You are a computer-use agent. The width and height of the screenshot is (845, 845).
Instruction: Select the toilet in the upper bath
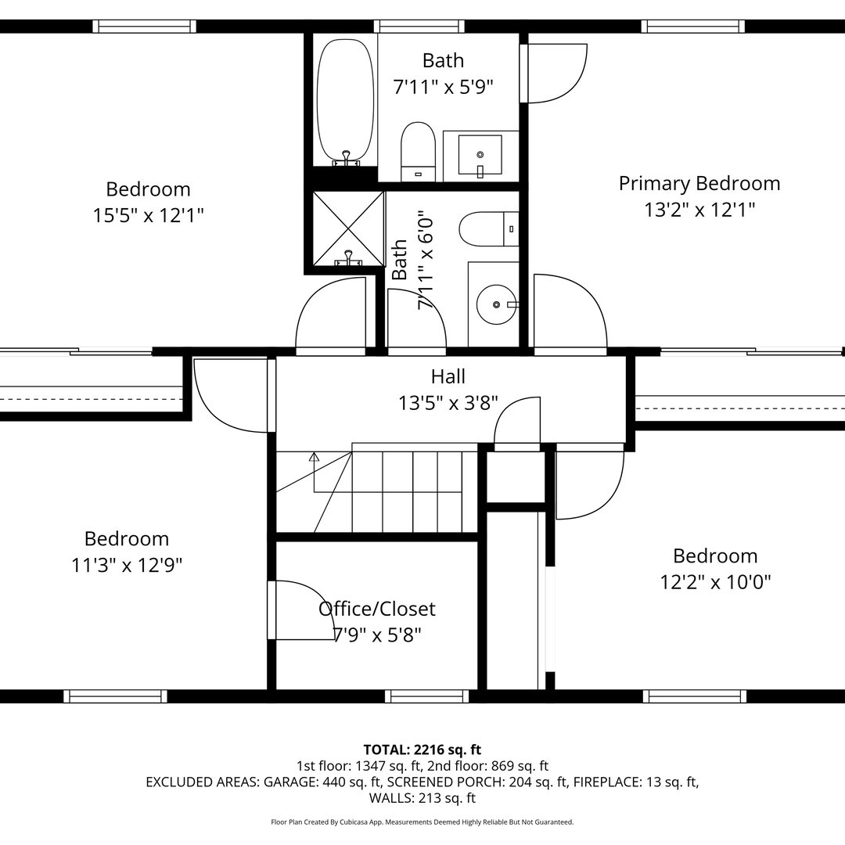point(418,150)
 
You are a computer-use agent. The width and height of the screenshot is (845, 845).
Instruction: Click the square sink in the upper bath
point(479,154)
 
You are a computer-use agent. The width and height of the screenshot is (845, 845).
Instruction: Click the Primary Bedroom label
point(699,183)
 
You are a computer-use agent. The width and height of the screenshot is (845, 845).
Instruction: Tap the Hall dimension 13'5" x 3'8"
point(448,403)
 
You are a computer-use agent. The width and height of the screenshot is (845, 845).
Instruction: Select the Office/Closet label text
point(377,609)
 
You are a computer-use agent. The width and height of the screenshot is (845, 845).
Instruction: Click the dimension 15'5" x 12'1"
point(148,214)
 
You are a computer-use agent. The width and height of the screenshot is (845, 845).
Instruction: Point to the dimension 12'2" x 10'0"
point(715,582)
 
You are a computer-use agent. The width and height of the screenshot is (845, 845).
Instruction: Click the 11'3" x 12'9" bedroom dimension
point(127,565)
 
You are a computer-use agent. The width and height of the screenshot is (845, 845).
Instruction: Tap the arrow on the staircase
point(315,457)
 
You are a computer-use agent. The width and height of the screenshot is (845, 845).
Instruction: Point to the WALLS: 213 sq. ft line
point(422,798)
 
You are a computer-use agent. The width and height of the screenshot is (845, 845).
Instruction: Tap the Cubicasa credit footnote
point(422,822)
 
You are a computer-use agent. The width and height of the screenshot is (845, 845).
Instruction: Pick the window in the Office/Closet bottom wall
point(415,696)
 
